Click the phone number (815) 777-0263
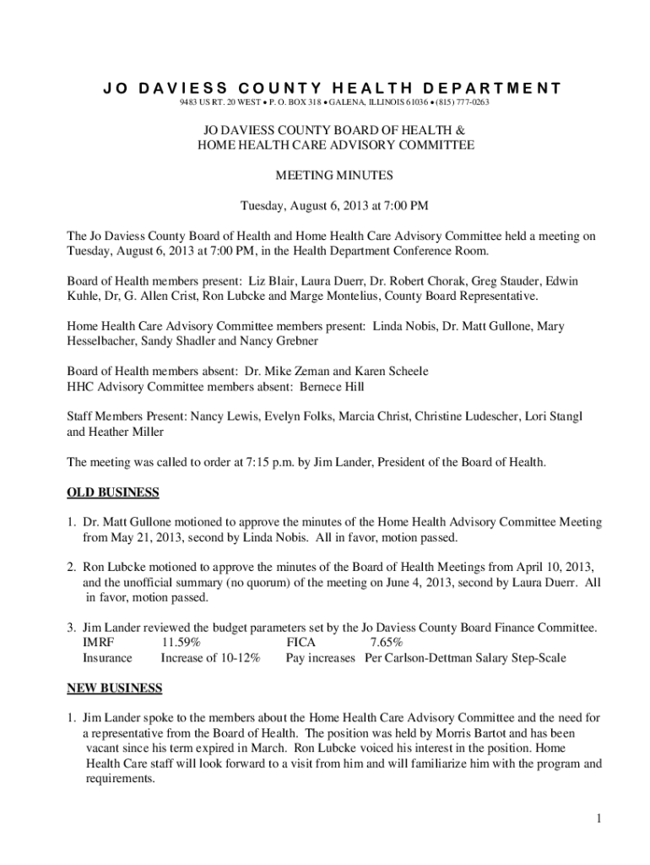click(x=461, y=102)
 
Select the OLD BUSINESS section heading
click(x=113, y=492)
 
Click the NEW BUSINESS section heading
click(x=114, y=688)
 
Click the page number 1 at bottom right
click(x=596, y=818)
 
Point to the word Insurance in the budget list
click(x=107, y=657)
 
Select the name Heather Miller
click(x=125, y=431)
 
